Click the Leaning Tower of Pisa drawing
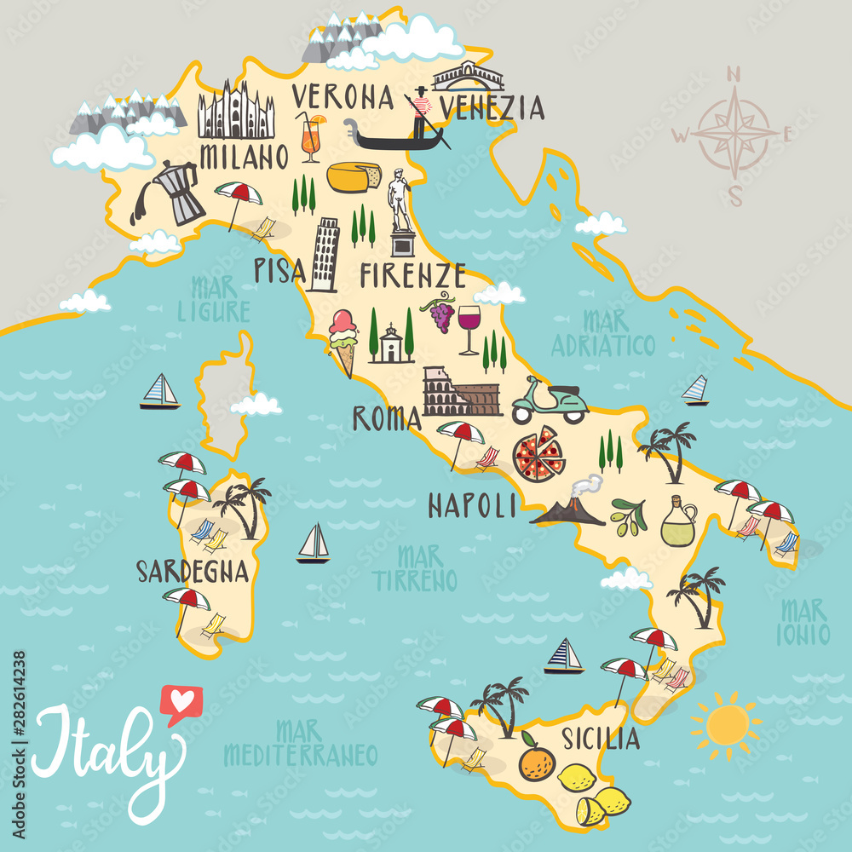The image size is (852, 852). point(325,254)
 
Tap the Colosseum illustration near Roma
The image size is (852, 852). point(460,393)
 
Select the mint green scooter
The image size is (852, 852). point(550,400)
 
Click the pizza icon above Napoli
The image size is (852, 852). point(538,454)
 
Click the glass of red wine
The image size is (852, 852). point(469,329)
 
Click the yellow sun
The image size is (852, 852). point(726,723)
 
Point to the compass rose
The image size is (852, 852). point(734,133)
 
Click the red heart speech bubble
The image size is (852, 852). point(179,703)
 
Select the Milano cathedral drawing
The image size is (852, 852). point(236,112)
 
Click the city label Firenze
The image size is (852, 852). point(412,275)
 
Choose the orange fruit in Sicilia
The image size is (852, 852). point(537,761)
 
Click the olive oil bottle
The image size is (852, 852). point(677,522)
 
